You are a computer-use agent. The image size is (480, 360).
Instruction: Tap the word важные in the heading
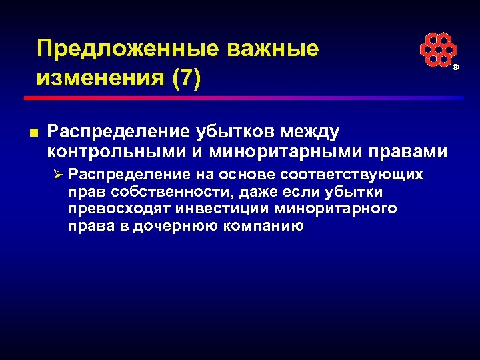[x=273, y=49]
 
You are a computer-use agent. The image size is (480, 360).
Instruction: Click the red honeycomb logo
[x=438, y=50]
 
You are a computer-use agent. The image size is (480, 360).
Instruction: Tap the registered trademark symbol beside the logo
[x=456, y=69]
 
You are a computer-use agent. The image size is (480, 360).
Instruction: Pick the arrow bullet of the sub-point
[x=59, y=175]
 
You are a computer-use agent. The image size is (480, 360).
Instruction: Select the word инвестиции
[x=222, y=209]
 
